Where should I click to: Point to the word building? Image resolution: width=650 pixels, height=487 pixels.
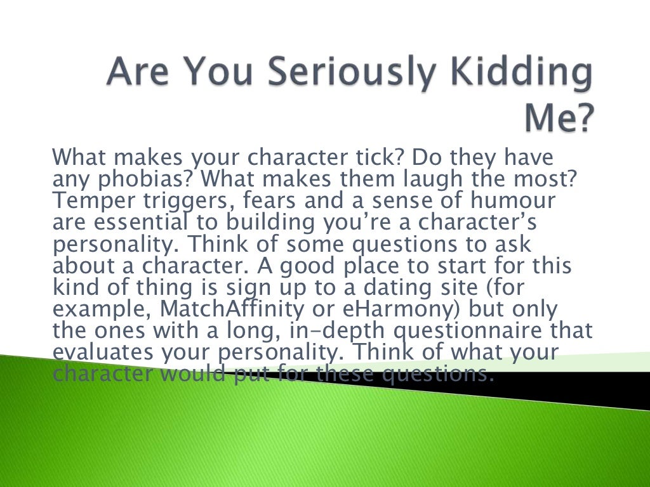tap(302, 223)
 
